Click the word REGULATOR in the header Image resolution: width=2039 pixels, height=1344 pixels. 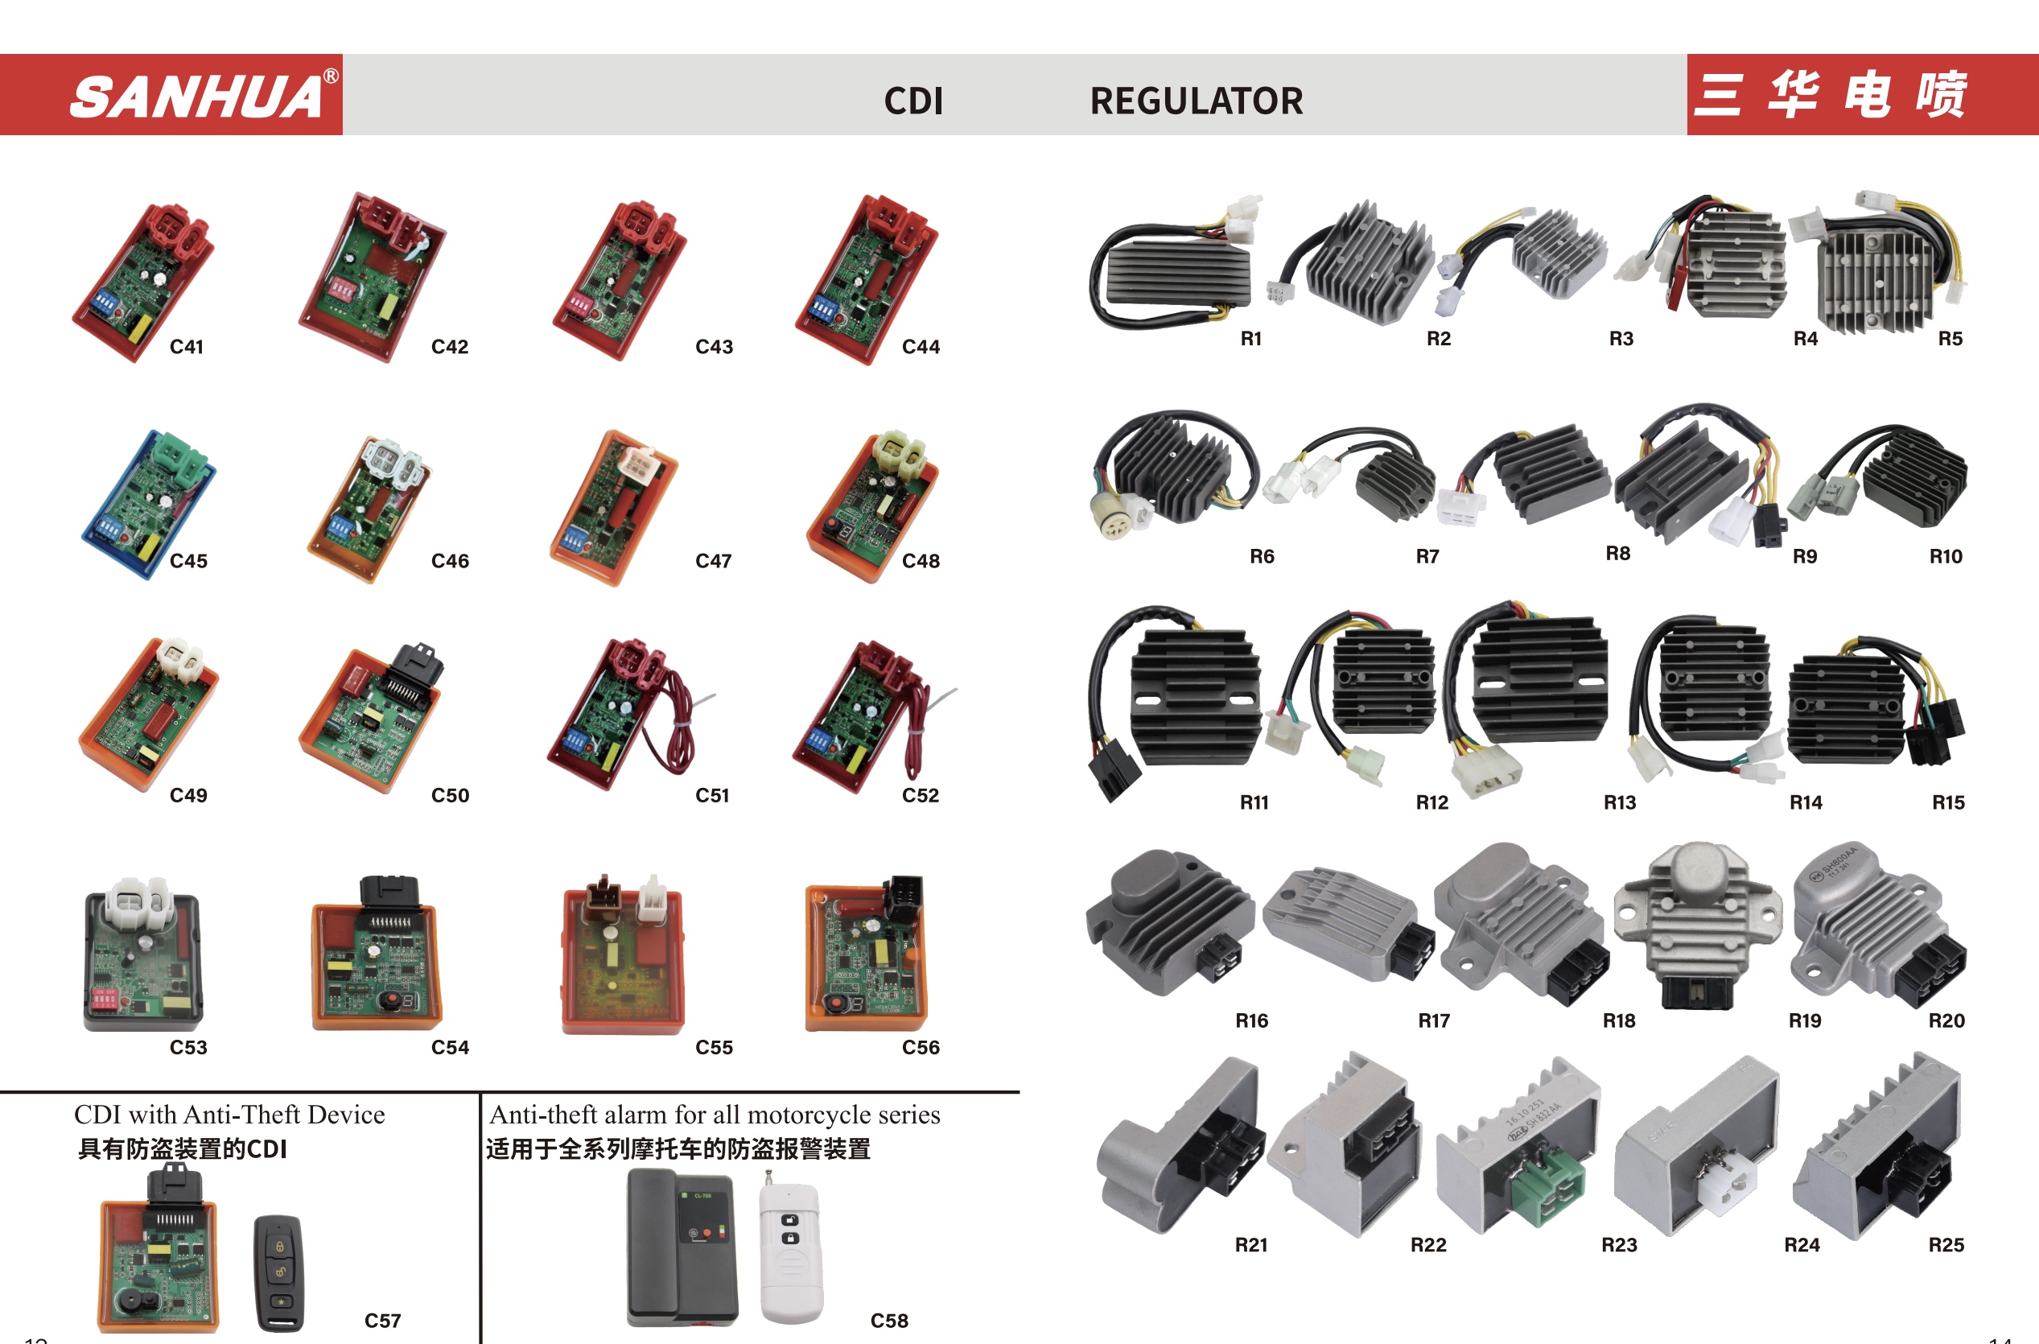pos(1196,101)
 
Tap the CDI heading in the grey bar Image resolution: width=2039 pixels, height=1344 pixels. pos(912,101)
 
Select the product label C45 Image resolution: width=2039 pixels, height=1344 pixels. pos(188,561)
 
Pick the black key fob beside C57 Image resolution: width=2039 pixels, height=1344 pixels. pos(278,1272)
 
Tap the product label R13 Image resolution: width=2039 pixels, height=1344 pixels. pos(1619,802)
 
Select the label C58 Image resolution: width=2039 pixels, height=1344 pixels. pos(889,1321)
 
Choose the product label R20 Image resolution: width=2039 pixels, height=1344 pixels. pos(1946,1020)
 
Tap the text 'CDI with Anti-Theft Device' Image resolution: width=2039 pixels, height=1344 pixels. pos(229,1115)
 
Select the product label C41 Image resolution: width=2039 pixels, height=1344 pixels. pos(186,346)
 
